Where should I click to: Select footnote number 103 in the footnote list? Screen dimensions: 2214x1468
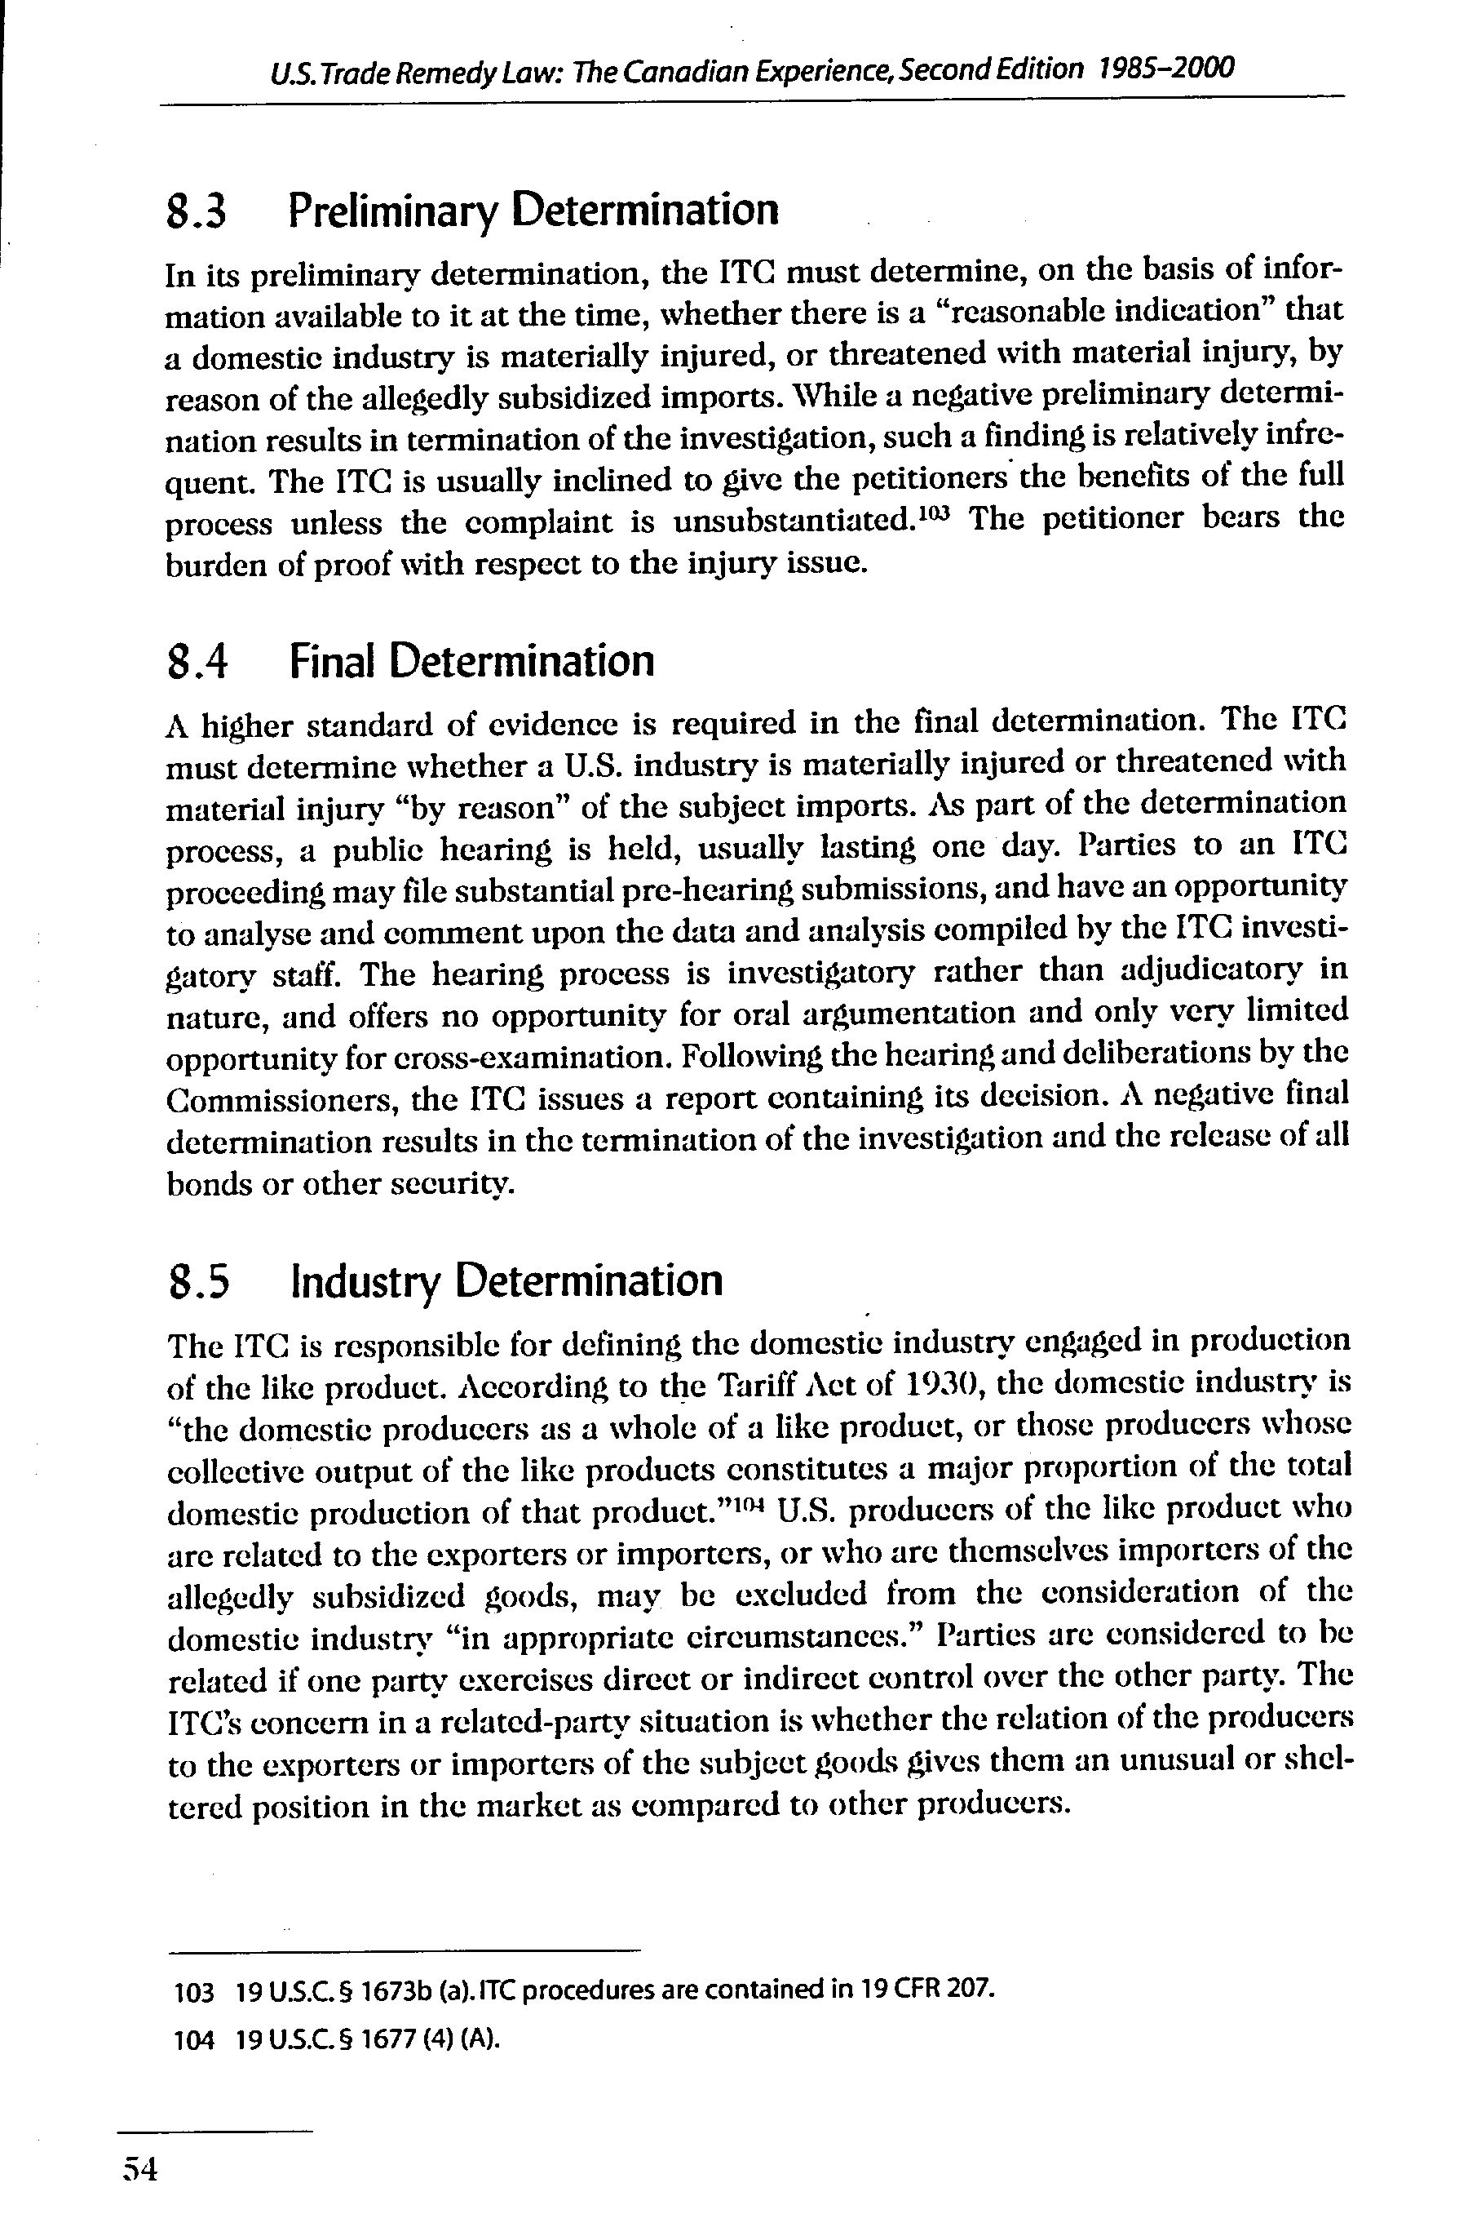coord(195,1993)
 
